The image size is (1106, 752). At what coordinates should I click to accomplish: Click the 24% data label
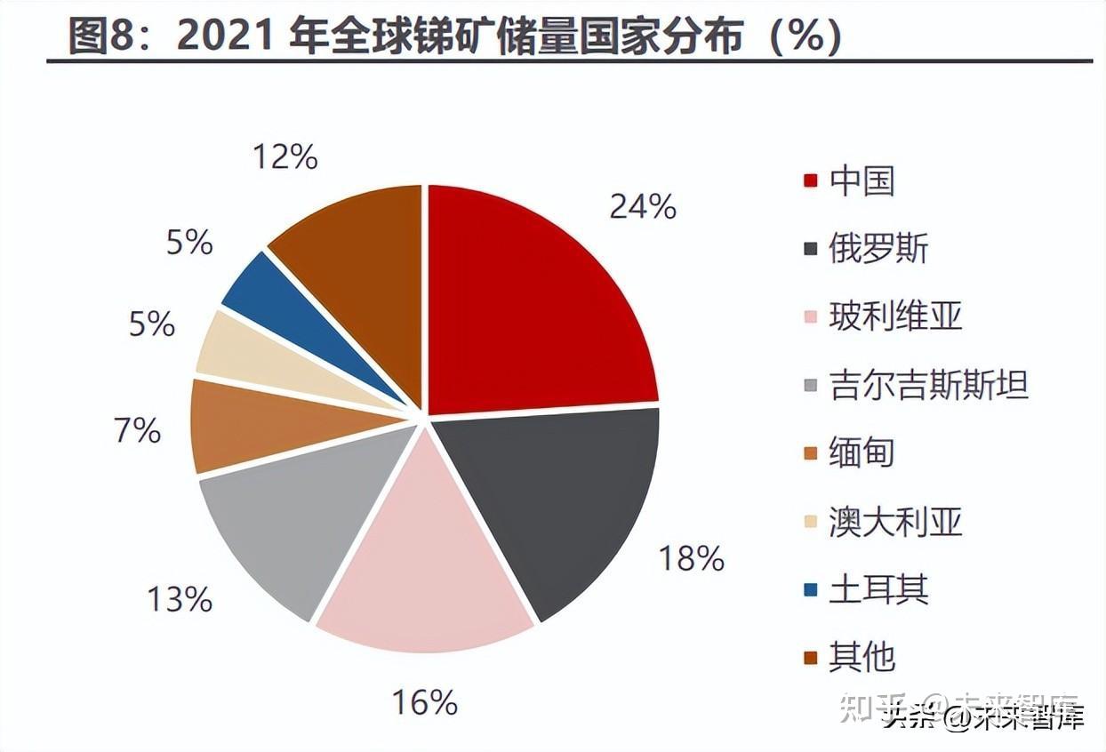pos(642,206)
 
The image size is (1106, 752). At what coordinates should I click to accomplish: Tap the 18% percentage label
pos(691,558)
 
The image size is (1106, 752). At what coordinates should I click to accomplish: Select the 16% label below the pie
pos(424,702)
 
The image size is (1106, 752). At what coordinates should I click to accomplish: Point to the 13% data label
pos(179,599)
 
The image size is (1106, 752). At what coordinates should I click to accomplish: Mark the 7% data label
pos(137,430)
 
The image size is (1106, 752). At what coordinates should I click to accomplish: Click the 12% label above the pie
pos(285,157)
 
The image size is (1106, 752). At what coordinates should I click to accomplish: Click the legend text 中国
pos(862,180)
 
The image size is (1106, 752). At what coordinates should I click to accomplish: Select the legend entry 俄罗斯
pos(878,248)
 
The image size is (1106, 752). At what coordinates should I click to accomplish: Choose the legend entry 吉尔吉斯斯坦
pos(928,385)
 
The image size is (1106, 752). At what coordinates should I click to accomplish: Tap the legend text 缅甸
pos(862,452)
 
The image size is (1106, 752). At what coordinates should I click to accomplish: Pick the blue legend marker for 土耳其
pos(810,590)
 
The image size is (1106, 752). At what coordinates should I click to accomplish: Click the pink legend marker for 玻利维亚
pos(810,317)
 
